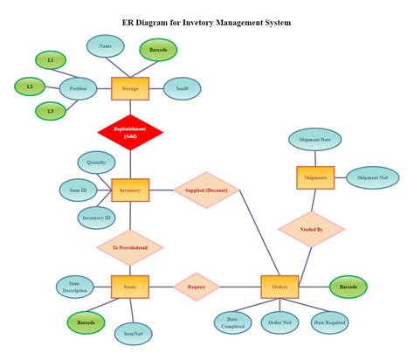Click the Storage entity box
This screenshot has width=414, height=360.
130,88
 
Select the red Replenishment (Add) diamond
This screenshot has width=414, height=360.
130,133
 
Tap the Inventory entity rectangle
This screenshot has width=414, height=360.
130,190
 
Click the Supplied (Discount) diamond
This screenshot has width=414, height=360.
206,190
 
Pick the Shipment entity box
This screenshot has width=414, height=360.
314,177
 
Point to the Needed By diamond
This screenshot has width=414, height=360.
312,229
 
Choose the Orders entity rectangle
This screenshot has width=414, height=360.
279,286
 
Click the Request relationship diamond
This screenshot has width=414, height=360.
197,286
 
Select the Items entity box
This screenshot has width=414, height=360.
130,286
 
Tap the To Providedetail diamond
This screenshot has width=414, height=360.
130,248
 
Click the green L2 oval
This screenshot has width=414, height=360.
30,87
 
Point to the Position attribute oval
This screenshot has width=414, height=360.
78,88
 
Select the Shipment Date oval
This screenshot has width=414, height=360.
314,140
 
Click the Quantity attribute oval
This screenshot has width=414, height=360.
97,162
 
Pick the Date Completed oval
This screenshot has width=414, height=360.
233,322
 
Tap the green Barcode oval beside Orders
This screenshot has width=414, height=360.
348,286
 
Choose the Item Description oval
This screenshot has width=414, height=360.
75,287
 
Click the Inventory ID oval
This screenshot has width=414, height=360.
96,218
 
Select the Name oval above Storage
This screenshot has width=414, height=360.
106,45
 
